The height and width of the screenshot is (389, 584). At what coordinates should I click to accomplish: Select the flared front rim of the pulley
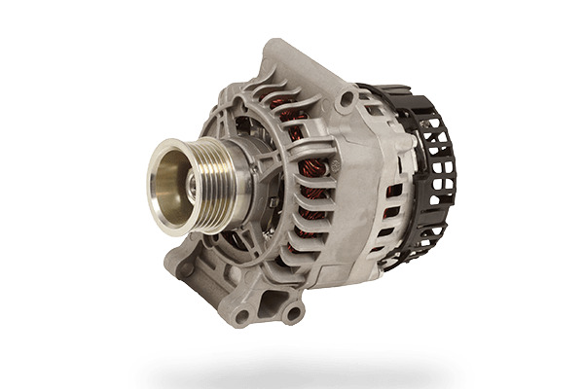157,185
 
